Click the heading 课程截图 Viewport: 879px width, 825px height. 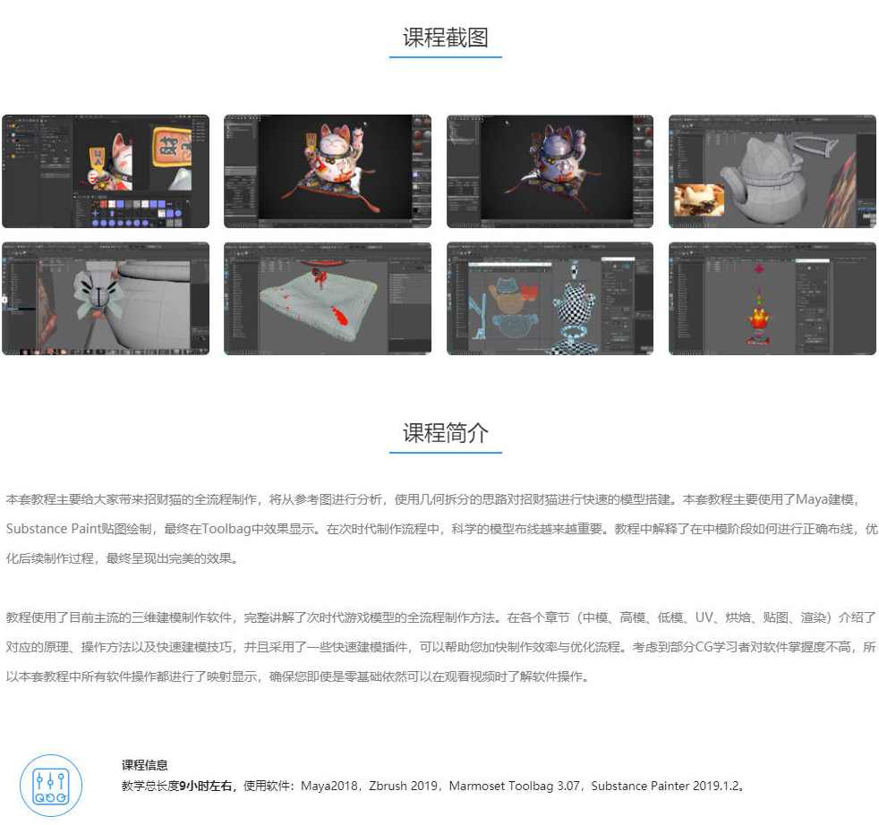point(445,38)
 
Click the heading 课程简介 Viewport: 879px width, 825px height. point(445,433)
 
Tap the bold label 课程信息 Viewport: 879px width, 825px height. point(145,765)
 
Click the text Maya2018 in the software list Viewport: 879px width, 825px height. point(329,786)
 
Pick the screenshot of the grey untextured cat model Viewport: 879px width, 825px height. point(772,171)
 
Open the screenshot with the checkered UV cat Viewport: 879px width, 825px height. point(550,298)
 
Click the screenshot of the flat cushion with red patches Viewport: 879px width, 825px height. point(327,298)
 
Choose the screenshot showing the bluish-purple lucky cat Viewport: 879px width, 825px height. point(550,171)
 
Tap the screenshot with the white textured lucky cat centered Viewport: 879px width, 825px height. point(327,171)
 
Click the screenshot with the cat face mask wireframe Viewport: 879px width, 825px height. point(105,298)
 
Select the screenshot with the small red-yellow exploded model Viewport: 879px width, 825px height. point(772,298)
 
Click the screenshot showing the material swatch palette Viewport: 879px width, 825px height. point(105,171)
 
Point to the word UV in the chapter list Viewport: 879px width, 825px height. point(705,617)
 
